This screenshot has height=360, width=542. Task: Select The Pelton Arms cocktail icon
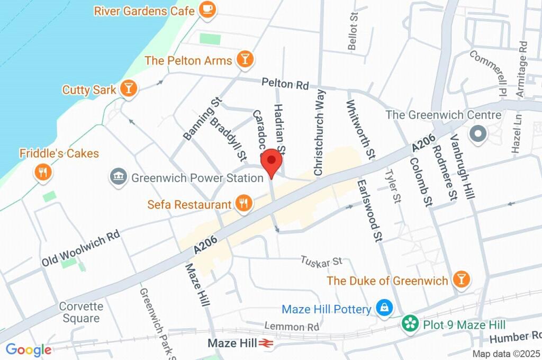[x=245, y=60]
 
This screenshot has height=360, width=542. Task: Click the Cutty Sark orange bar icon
[x=128, y=89]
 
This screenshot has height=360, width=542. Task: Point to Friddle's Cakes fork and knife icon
[x=42, y=172]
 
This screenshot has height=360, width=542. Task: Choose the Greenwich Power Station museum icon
[x=118, y=177]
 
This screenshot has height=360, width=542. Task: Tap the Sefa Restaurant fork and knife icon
[x=243, y=204]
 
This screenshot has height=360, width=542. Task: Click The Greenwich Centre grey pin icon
[x=478, y=133]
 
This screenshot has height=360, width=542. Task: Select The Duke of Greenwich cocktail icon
[x=460, y=280]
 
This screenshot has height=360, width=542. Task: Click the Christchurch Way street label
[x=319, y=132]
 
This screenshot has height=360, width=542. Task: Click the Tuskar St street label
[x=321, y=261]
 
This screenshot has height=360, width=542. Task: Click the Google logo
[x=28, y=349]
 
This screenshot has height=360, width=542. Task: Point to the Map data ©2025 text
[x=505, y=354]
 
